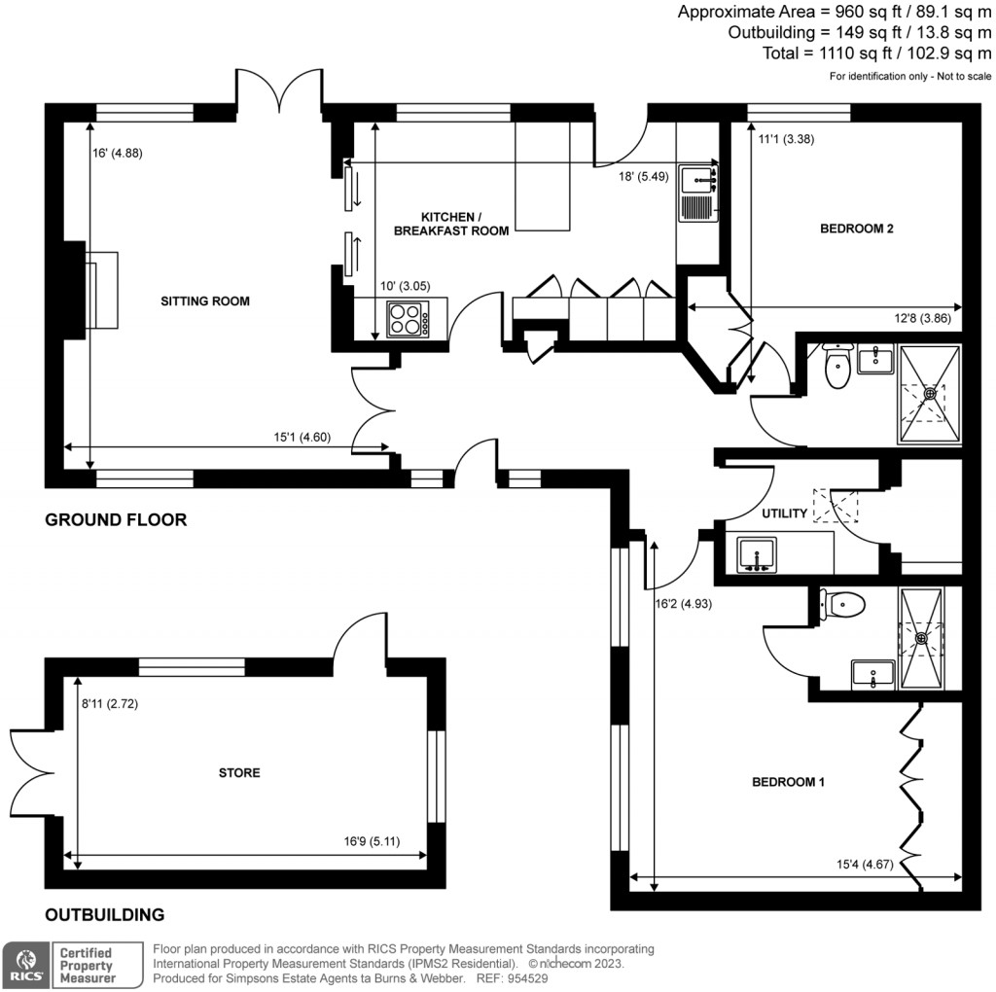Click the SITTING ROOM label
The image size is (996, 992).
[204, 301]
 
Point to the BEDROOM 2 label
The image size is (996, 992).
[856, 230]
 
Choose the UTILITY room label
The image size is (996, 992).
[785, 514]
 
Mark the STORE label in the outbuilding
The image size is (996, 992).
[239, 773]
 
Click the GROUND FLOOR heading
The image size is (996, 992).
[116, 520]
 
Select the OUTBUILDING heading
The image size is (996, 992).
[104, 915]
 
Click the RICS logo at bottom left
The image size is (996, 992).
[24, 964]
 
